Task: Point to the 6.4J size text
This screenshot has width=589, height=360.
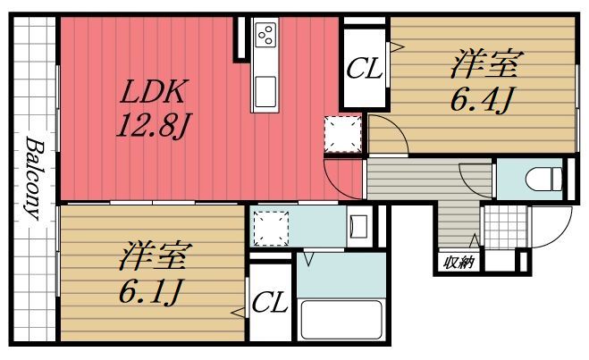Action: coord(480,99)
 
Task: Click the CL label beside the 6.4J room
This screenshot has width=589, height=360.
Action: coord(364,68)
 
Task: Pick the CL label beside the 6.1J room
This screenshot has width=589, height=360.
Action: coord(269,304)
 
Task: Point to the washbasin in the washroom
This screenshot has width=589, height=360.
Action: coord(359,224)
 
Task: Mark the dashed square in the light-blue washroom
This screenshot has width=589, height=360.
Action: coord(271,227)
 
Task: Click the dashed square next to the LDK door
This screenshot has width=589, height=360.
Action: coord(341,134)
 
